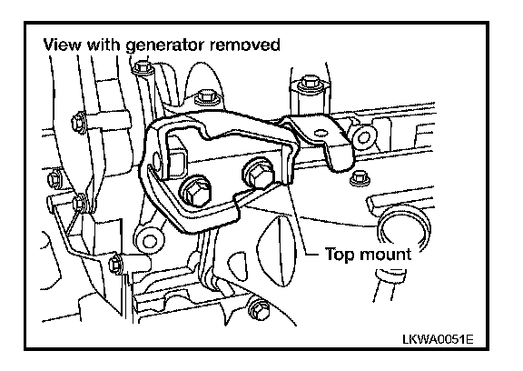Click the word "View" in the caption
tap(62, 45)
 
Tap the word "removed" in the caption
tap(245, 45)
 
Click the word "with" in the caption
tap(104, 45)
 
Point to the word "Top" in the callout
tap(340, 256)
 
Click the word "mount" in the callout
tap(385, 255)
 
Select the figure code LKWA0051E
tap(438, 339)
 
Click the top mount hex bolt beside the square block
tap(196, 191)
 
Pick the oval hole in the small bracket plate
tap(321, 134)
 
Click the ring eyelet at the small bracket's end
tap(363, 136)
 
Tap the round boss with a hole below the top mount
tap(150, 239)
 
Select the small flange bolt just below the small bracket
tap(359, 177)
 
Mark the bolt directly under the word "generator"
tap(143, 68)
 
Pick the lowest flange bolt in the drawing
tap(259, 308)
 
